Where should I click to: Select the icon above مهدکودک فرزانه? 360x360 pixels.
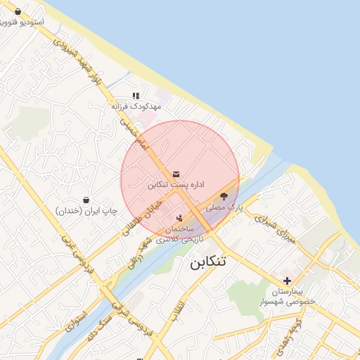click(136, 96)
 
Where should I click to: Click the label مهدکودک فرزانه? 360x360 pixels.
click(136, 106)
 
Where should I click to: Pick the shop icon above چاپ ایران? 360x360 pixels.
click(86, 200)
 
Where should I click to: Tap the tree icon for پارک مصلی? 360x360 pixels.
click(224, 196)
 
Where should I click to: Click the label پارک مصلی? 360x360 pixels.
click(224, 208)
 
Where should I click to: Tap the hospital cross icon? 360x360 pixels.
click(287, 280)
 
